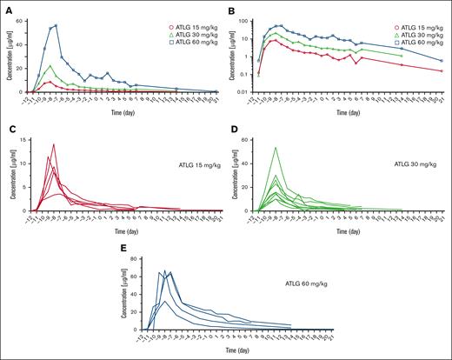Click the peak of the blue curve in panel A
[56, 25]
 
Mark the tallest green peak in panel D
[276, 147]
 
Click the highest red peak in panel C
[54, 144]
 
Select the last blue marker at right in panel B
[442, 61]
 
